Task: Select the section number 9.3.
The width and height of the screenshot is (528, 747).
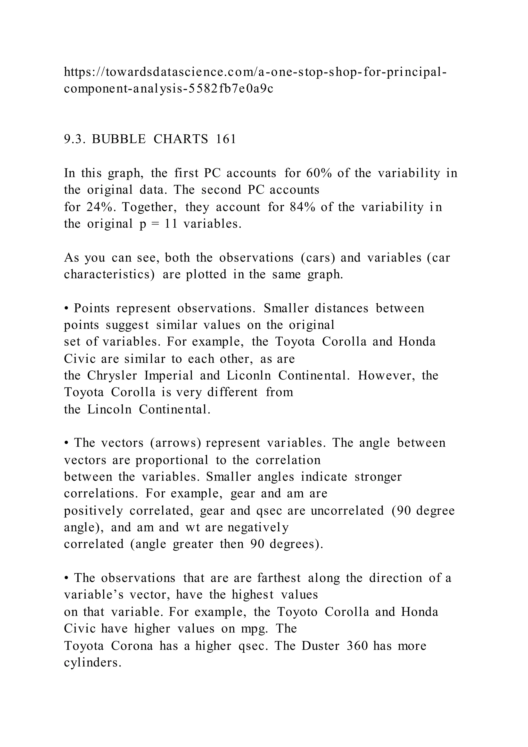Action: pos(74,139)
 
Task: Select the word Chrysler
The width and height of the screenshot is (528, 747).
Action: pos(112,376)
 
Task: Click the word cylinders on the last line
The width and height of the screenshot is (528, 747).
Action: pos(92,662)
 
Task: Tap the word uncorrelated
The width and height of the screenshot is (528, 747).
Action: pos(347,510)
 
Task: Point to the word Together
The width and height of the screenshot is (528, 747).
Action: pos(150,207)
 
